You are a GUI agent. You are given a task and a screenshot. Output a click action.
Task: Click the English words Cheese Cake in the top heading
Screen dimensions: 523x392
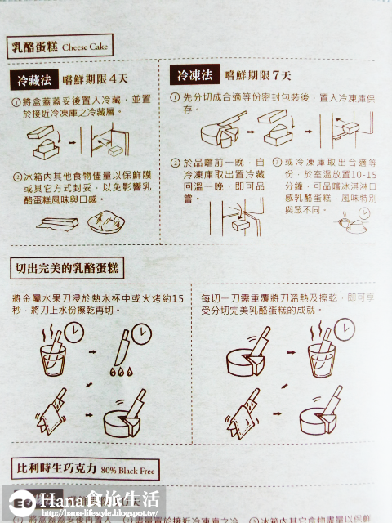pyautogui.click(x=85, y=47)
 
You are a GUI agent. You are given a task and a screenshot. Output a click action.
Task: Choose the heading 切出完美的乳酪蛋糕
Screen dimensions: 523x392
pyautogui.click(x=67, y=267)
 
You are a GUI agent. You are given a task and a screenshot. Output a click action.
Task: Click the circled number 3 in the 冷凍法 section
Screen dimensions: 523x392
pyautogui.click(x=276, y=163)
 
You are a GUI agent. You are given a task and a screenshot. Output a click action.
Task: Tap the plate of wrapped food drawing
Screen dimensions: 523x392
pyautogui.click(x=106, y=221)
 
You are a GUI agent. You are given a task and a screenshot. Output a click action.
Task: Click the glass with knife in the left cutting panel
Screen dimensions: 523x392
pyautogui.click(x=52, y=356)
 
